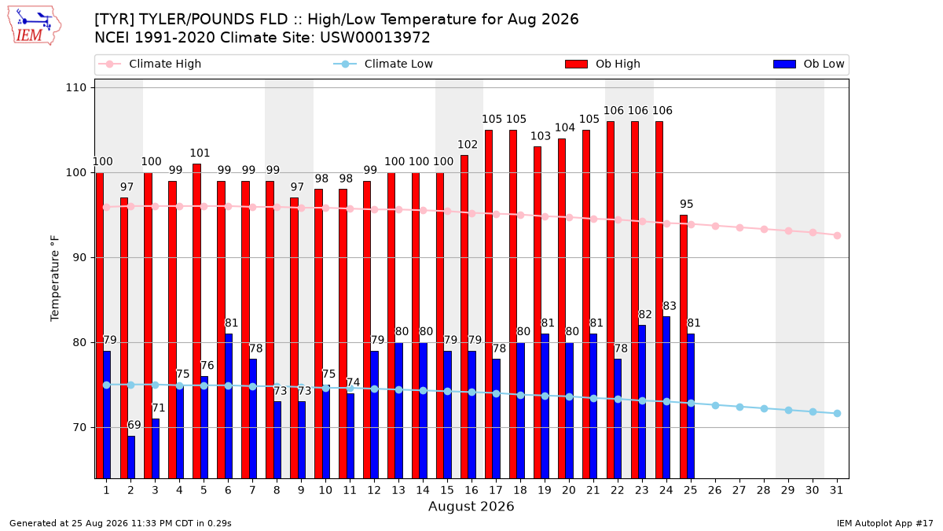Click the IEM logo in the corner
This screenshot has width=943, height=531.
35,26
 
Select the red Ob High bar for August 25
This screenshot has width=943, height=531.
684,347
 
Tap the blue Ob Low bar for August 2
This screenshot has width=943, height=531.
131,457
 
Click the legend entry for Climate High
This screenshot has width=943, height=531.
149,64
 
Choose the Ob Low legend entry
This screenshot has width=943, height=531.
809,64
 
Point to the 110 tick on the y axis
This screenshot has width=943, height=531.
75,87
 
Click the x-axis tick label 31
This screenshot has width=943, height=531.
836,490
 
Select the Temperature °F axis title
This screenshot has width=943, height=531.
55,278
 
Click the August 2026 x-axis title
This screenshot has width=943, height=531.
471,506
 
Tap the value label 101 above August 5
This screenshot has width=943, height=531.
200,153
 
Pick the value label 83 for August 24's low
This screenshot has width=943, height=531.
670,306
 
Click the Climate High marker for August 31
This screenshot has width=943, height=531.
838,235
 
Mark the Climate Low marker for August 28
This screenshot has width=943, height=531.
764,409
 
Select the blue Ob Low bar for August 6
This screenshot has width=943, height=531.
229,406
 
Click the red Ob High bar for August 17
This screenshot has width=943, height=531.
489,304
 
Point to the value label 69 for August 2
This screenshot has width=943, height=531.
134,425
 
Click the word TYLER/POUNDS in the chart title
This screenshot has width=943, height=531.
214,20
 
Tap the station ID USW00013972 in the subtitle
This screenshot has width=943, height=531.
375,38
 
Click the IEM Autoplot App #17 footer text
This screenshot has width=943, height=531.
885,523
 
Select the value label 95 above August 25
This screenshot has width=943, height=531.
686,204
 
